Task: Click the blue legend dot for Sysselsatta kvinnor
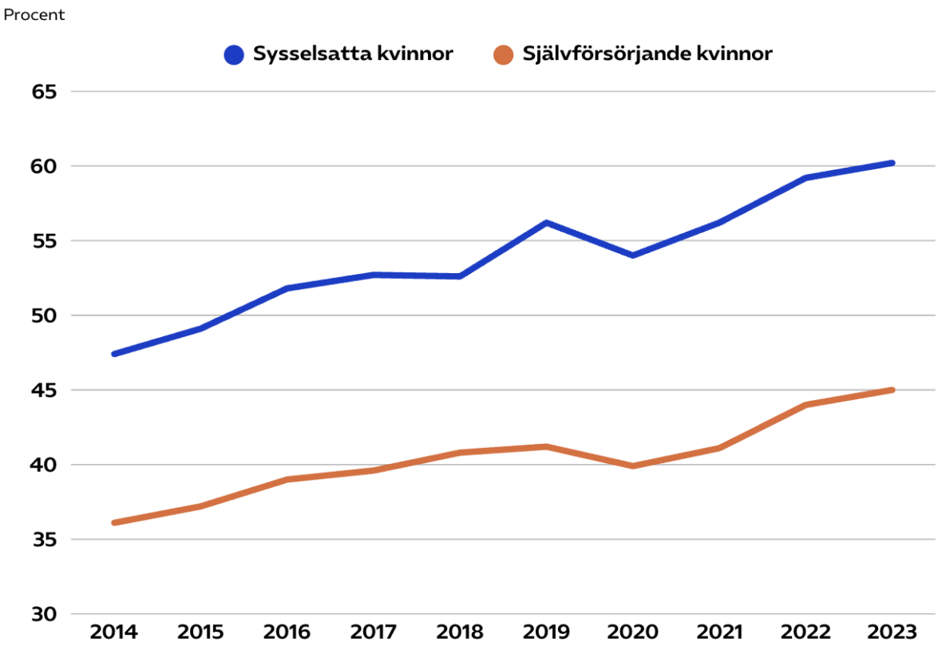[234, 55]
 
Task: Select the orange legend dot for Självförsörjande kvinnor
[503, 55]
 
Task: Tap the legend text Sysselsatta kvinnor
[353, 54]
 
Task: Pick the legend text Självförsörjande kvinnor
[647, 54]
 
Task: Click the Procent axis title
[34, 15]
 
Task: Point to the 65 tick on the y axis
[45, 92]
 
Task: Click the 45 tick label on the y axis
[45, 390]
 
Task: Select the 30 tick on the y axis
[45, 614]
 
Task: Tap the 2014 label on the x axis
[114, 633]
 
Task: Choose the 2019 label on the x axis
[546, 633]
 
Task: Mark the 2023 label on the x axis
[892, 633]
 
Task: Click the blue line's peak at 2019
[546, 223]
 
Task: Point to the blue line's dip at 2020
[633, 256]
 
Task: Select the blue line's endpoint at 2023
[892, 163]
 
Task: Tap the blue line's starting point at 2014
[114, 354]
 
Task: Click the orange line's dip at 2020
[633, 466]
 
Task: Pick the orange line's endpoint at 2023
[892, 390]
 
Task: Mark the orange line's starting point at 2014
[114, 523]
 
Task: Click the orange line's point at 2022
[805, 405]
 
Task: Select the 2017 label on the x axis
[374, 633]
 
